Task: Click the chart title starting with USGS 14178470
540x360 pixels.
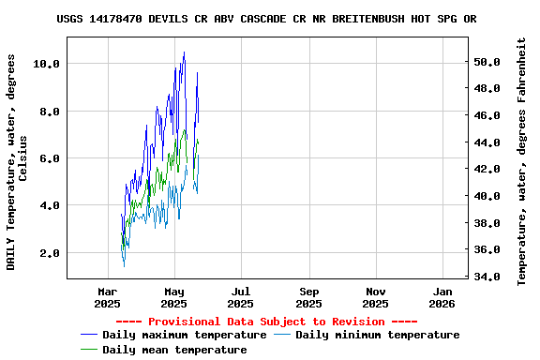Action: pos(266,18)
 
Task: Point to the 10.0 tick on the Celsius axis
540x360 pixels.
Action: pos(46,64)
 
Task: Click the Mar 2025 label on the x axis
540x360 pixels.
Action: pos(108,297)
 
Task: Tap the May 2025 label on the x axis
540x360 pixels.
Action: pos(174,297)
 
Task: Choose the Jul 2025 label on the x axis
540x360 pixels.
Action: pos(241,297)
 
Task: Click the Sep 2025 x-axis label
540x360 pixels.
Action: pos(308,297)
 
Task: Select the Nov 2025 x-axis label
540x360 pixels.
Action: pos(375,297)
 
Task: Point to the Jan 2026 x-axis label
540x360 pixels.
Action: pos(442,297)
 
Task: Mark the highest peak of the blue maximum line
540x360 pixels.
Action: pos(184,52)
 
